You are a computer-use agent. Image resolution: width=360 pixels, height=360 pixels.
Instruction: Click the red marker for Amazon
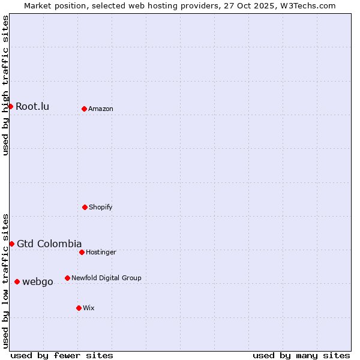[x=84, y=109]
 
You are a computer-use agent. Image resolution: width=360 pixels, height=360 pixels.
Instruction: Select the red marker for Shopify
[x=85, y=207]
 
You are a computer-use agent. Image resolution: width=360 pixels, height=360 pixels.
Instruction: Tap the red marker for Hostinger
[x=82, y=252]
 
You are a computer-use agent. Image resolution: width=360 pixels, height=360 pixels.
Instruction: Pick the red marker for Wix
[x=79, y=308]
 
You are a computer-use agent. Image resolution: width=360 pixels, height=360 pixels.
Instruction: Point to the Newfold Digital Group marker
[x=67, y=278]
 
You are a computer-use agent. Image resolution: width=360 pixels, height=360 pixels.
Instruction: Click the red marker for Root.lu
[x=10, y=106]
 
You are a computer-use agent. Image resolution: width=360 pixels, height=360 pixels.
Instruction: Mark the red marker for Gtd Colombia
[x=11, y=244]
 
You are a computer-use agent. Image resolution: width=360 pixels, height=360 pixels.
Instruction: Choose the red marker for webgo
[x=17, y=281]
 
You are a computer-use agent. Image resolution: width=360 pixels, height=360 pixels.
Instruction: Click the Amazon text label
[x=101, y=109]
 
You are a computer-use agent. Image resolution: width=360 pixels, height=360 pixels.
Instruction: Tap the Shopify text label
[x=101, y=207]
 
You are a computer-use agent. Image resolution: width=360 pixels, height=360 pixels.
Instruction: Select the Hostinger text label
[x=101, y=252]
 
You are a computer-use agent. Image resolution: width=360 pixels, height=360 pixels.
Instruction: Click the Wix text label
[x=89, y=308]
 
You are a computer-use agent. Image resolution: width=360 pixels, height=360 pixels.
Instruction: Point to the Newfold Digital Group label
[x=106, y=278]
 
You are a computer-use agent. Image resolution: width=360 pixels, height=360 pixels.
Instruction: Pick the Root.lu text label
[x=32, y=107]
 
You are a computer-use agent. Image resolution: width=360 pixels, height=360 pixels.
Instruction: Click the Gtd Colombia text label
[x=49, y=244]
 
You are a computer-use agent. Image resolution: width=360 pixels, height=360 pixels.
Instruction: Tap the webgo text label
[x=38, y=282]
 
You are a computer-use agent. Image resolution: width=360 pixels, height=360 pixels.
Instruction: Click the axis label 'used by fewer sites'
[x=62, y=355]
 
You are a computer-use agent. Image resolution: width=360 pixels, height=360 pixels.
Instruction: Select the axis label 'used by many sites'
[x=301, y=355]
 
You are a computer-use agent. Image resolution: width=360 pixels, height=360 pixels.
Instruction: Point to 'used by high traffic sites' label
[x=5, y=85]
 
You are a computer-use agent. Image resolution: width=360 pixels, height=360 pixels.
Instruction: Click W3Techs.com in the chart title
[x=306, y=5]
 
